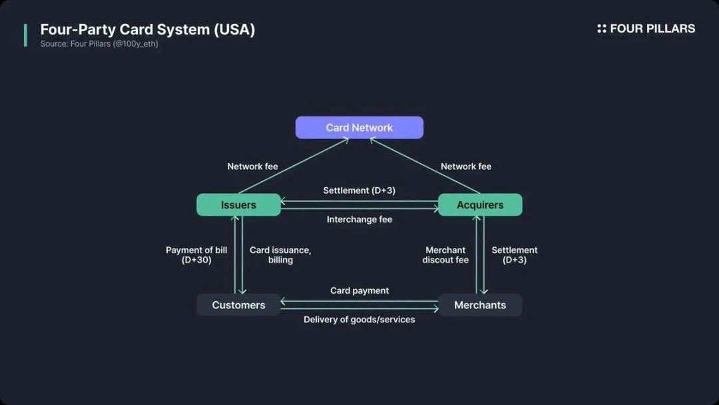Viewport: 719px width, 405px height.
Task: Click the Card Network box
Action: pos(359,127)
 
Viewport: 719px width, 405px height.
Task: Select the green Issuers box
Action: pos(238,204)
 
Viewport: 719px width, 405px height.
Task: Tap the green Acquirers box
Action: pos(480,204)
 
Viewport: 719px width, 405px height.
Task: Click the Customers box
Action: pos(238,305)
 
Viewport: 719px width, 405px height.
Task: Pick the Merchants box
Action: pos(480,305)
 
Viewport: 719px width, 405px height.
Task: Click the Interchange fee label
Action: pos(359,220)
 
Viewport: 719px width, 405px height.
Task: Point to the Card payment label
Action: pos(359,290)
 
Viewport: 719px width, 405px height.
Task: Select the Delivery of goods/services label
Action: pos(359,320)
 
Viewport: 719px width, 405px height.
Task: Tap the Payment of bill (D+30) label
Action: pos(196,255)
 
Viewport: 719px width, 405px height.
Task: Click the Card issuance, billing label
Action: pos(280,255)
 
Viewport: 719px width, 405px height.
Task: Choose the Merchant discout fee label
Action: pos(445,255)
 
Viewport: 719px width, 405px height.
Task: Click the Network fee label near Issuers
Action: pos(252,167)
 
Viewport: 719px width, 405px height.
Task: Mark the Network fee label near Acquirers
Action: pos(466,167)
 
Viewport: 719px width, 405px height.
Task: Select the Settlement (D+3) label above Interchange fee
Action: pos(359,191)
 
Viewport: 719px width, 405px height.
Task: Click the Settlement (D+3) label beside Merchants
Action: pos(515,255)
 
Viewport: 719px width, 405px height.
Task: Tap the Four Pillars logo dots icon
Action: pos(602,29)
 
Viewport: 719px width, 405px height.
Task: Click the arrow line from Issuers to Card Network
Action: pos(293,166)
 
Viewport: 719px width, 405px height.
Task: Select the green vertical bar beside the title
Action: pos(25,35)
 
